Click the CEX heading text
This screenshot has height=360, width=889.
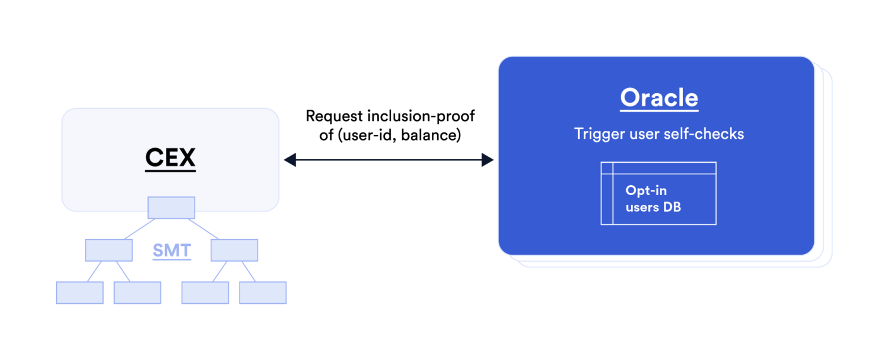[x=170, y=158]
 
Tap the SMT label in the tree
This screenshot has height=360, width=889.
[x=172, y=251]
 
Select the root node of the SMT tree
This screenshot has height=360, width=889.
[x=171, y=207]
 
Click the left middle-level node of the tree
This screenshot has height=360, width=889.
[x=109, y=250]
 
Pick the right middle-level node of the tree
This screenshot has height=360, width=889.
[x=234, y=250]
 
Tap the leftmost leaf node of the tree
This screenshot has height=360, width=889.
[x=80, y=293]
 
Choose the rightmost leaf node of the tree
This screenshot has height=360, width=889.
[x=263, y=293]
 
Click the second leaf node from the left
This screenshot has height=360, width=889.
[x=137, y=293]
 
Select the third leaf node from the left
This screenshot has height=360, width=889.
[x=205, y=293]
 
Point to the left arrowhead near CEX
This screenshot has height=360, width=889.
[x=289, y=160]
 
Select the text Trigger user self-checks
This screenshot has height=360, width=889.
[x=659, y=134]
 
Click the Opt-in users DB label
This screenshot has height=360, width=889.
[x=653, y=199]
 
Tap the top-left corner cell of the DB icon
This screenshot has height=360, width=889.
[x=607, y=168]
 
